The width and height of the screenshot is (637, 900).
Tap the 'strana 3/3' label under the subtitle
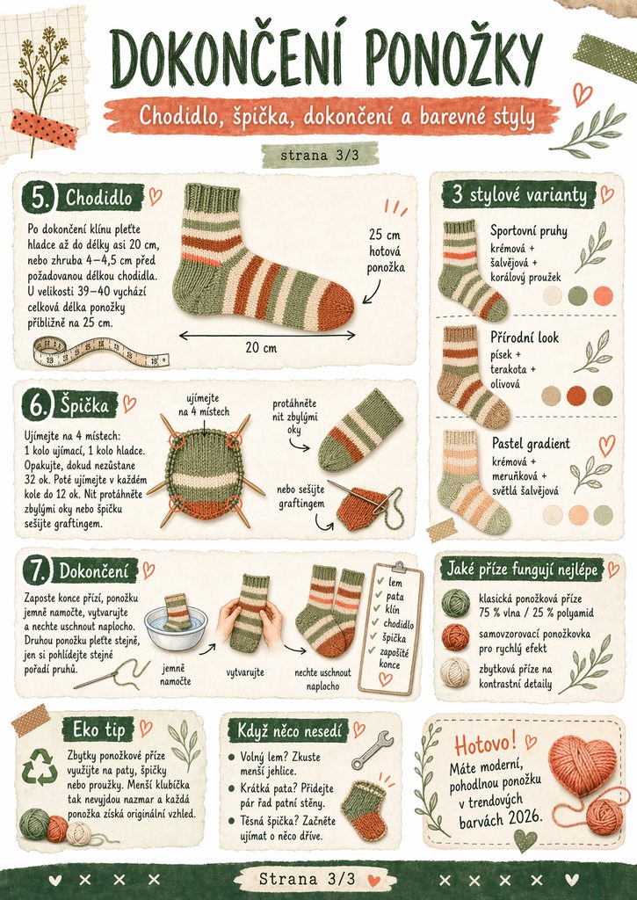[x=320, y=155]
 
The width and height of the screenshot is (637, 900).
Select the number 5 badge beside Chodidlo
[x=39, y=199]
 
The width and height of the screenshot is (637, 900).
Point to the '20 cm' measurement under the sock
[x=261, y=347]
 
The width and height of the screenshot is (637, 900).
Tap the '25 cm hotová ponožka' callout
[x=385, y=250]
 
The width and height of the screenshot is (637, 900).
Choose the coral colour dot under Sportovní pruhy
[x=603, y=295]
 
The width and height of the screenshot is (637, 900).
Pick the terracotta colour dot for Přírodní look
[x=576, y=396]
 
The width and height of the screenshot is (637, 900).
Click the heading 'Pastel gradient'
[x=531, y=443]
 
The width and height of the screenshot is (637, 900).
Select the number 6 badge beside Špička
[x=38, y=406]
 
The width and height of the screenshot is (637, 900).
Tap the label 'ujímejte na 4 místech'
[x=203, y=404]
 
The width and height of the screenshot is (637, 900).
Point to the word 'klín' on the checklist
[x=393, y=610]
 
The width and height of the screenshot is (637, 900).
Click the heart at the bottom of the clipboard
[x=386, y=679]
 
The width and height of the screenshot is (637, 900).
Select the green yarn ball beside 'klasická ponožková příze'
[x=456, y=603]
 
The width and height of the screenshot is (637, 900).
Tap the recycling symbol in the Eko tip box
[x=40, y=766]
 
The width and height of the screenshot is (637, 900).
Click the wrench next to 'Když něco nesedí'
[x=372, y=749]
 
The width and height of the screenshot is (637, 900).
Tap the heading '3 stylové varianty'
[x=520, y=194]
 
